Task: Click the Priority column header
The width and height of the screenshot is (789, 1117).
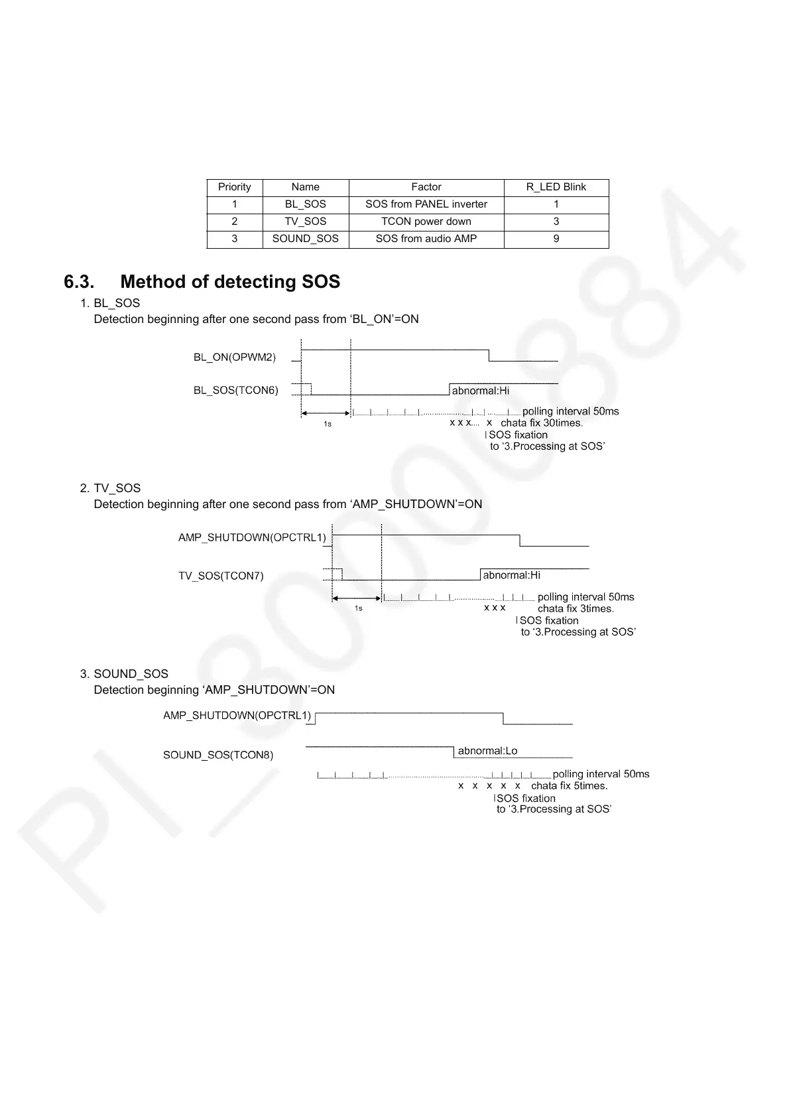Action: tap(234, 187)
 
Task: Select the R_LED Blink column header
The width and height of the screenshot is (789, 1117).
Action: tap(556, 187)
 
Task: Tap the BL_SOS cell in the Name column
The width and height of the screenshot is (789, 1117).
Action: tap(305, 204)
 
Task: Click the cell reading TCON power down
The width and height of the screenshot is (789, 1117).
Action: tap(426, 222)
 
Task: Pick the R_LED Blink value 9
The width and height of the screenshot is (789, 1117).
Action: tap(556, 239)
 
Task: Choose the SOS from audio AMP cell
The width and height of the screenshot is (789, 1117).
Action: tap(426, 239)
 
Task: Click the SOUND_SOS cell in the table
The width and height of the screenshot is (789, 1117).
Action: tap(305, 239)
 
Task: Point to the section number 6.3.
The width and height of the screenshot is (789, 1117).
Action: tap(80, 282)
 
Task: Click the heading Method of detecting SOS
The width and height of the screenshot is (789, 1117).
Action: tap(230, 282)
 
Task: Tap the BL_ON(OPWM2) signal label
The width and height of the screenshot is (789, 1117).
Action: tap(234, 358)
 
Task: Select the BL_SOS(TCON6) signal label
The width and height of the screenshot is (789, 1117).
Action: tap(235, 390)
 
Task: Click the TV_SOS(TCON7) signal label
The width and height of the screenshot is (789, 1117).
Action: tap(220, 576)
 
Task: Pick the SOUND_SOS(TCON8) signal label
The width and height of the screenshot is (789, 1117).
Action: tap(218, 755)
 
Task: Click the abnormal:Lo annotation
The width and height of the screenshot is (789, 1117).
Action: tap(487, 751)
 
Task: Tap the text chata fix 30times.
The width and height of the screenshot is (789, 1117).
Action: tap(542, 423)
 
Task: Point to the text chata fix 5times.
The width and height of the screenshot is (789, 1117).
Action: tap(569, 786)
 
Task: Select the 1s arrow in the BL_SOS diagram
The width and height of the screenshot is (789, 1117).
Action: tap(326, 413)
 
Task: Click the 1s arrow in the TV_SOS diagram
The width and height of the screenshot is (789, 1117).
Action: tap(357, 598)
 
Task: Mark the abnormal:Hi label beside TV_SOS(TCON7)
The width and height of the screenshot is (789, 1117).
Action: tap(511, 575)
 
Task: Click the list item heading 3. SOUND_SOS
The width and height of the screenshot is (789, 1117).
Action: tap(124, 674)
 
